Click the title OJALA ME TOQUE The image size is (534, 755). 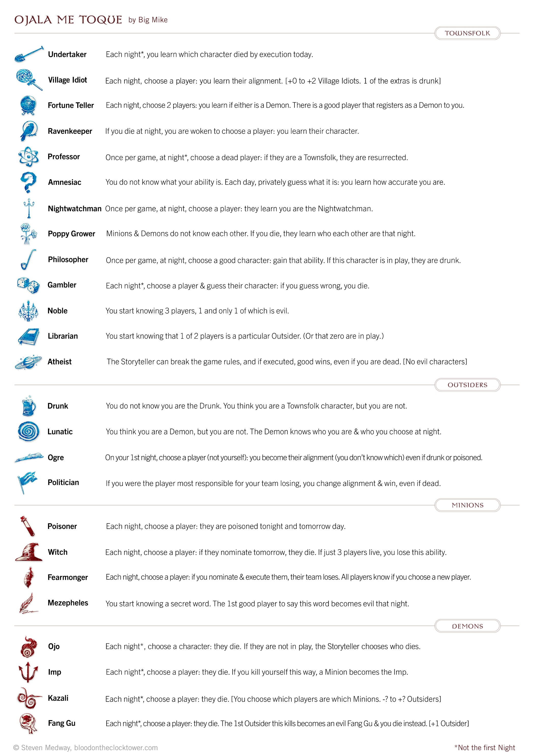68,20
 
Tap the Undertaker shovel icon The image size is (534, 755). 29,54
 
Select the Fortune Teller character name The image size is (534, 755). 71,105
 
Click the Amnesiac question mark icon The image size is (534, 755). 28,182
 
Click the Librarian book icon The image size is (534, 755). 29,336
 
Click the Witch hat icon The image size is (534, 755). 29,552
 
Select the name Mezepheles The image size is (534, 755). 68,603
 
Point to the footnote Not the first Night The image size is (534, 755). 485,747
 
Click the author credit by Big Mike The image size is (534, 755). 148,20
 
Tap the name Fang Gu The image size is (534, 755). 62,723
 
